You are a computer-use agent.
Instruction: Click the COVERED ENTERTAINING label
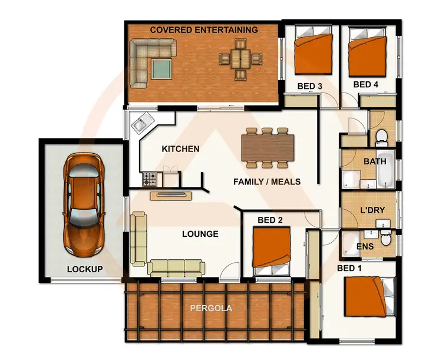pyautogui.click(x=204, y=29)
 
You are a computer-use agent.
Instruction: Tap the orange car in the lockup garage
pyautogui.click(x=85, y=199)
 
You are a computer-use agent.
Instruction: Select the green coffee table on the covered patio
pyautogui.click(x=161, y=69)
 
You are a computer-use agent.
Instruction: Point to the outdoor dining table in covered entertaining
pyautogui.click(x=240, y=59)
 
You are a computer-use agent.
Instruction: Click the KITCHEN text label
pyautogui.click(x=180, y=149)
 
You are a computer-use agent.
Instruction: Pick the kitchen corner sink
pyautogui.click(x=140, y=124)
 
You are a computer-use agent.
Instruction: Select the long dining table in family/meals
pyautogui.click(x=268, y=147)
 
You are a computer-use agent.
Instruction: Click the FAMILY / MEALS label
pyautogui.click(x=267, y=181)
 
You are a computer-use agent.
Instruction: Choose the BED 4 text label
pyautogui.click(x=366, y=85)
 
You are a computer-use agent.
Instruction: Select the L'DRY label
pyautogui.click(x=372, y=210)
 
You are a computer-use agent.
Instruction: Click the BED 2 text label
pyautogui.click(x=271, y=220)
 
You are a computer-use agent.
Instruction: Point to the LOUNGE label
pyautogui.click(x=200, y=234)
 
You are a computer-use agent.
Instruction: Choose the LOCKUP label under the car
pyautogui.click(x=85, y=269)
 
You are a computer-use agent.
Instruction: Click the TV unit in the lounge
pyautogui.click(x=171, y=194)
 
